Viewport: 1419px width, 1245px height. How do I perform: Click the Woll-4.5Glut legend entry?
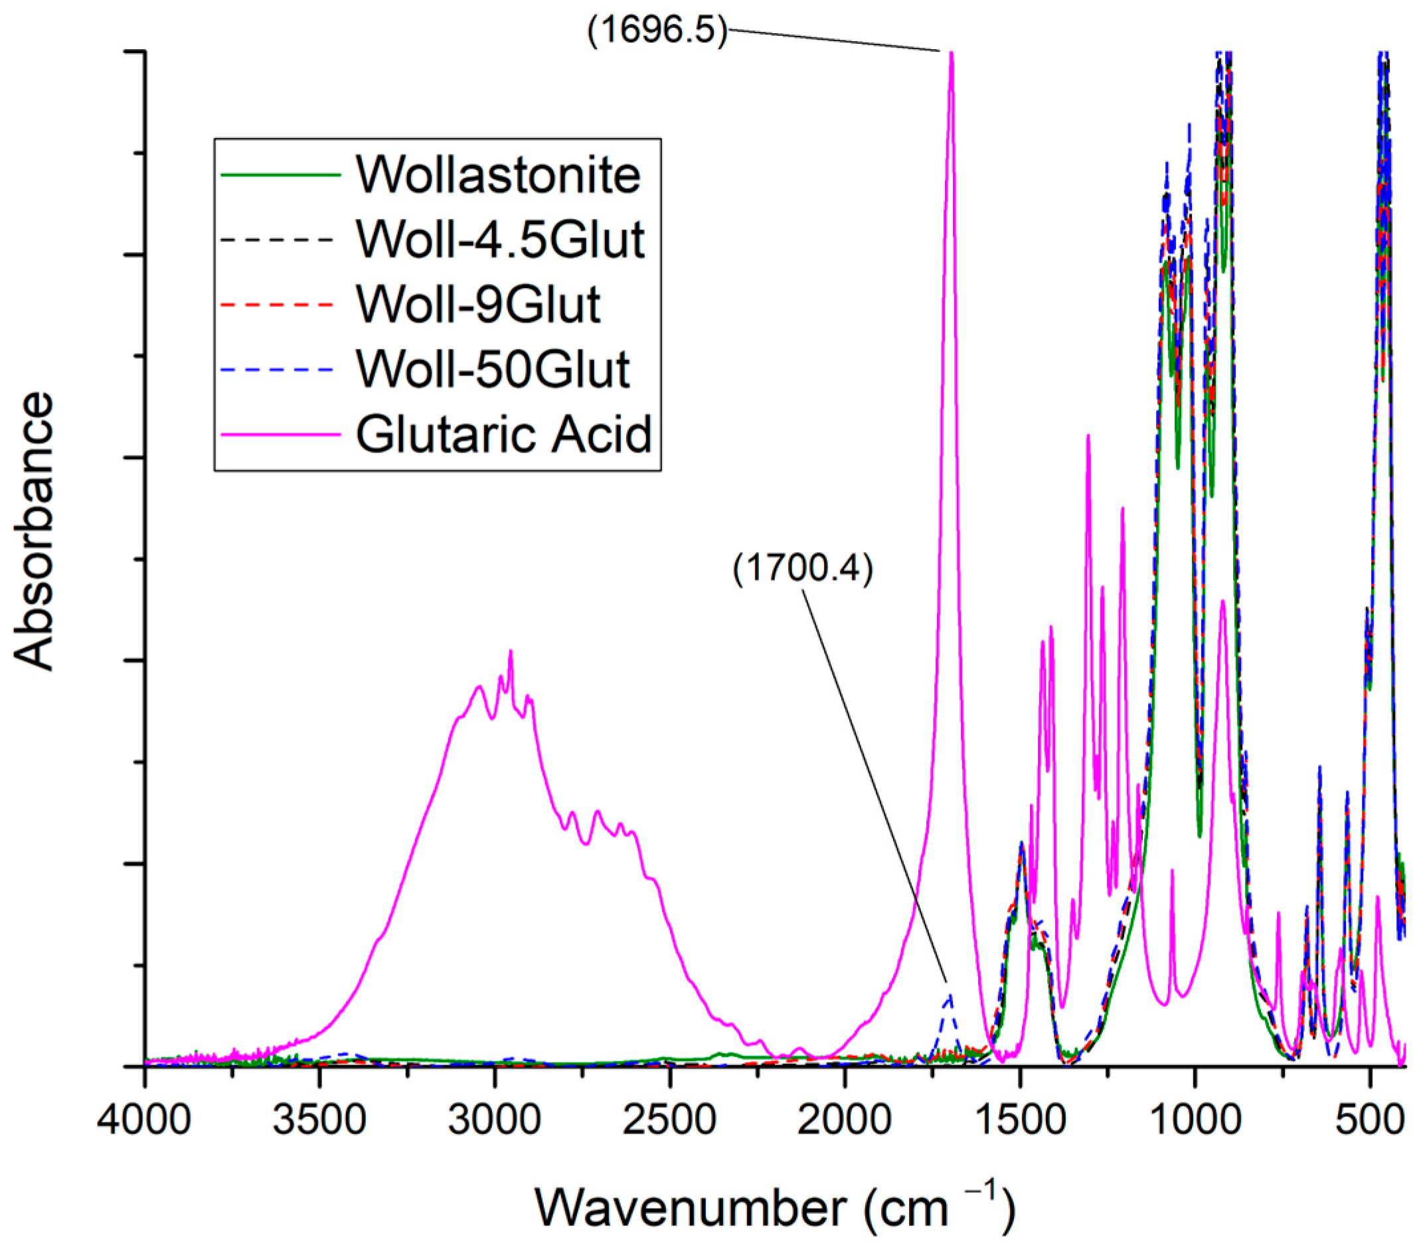pos(501,240)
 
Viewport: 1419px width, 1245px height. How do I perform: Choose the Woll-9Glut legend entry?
pos(477,304)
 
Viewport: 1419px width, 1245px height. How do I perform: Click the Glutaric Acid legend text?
pos(503,434)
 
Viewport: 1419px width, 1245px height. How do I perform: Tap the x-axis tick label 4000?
pos(144,1122)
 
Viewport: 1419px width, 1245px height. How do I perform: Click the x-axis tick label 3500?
pos(319,1122)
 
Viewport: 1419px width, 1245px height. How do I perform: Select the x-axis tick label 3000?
pos(494,1122)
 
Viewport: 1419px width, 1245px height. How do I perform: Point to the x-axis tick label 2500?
pos(669,1122)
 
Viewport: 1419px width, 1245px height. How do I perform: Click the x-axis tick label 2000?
pos(844,1122)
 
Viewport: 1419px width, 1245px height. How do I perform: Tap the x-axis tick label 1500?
pos(1019,1122)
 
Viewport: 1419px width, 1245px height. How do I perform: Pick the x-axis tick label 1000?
pos(1194,1122)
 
